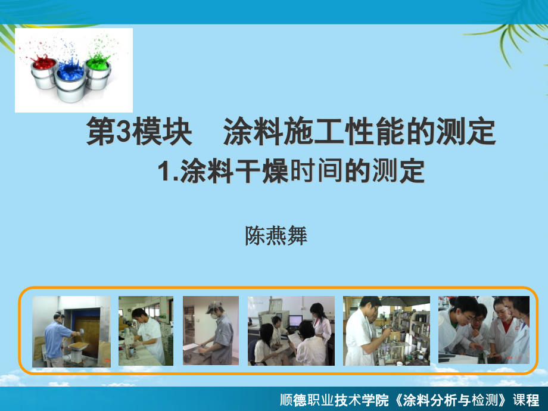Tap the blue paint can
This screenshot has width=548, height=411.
[70, 80]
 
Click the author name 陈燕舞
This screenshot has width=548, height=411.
[276, 236]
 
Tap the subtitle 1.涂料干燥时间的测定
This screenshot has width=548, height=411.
[292, 172]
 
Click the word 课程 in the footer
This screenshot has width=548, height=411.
[527, 400]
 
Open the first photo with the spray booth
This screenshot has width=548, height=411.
[71, 331]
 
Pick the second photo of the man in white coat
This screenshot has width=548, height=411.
[146, 331]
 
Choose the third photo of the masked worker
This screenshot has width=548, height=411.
[211, 331]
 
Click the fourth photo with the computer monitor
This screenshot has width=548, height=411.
[291, 331]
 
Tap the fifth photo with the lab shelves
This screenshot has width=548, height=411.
[386, 331]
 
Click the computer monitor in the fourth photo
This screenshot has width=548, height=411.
[295, 320]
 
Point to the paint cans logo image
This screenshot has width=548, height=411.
[74, 70]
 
